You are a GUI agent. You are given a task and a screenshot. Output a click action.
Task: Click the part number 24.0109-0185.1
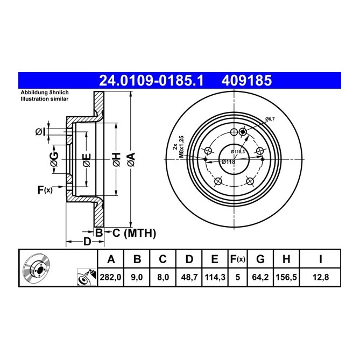point(152,81)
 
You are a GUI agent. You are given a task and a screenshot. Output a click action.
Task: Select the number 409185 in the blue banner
point(246,81)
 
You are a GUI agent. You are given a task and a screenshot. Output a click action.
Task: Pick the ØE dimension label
point(86,159)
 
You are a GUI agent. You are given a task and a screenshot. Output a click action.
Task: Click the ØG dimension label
point(54,160)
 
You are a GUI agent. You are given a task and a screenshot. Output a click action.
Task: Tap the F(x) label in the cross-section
point(45,189)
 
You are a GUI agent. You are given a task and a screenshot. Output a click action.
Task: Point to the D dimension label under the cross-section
point(87,242)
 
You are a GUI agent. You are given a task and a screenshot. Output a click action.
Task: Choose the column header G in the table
point(260,259)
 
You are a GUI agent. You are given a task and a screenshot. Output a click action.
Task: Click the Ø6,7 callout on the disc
point(270,119)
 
